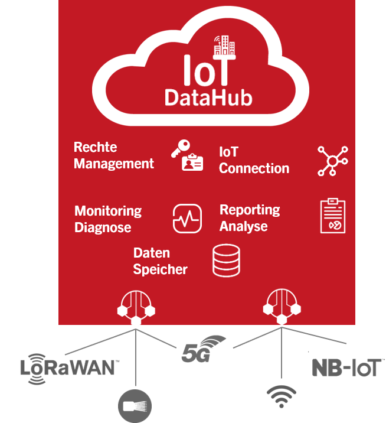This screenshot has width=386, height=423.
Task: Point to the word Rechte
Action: click(x=96, y=147)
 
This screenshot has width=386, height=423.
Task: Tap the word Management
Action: click(x=114, y=164)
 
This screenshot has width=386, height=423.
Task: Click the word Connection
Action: click(x=254, y=168)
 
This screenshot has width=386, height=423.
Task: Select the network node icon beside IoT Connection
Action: click(x=332, y=160)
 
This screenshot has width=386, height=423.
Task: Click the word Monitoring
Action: click(x=108, y=211)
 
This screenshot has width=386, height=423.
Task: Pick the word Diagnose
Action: click(x=103, y=227)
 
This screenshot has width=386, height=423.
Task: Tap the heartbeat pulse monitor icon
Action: click(x=187, y=218)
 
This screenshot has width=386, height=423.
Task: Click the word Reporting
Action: click(x=250, y=210)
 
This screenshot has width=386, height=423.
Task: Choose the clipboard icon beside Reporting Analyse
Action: click(x=332, y=216)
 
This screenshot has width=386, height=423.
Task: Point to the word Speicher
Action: click(x=160, y=270)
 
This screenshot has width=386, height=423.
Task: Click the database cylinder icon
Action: click(x=227, y=261)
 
